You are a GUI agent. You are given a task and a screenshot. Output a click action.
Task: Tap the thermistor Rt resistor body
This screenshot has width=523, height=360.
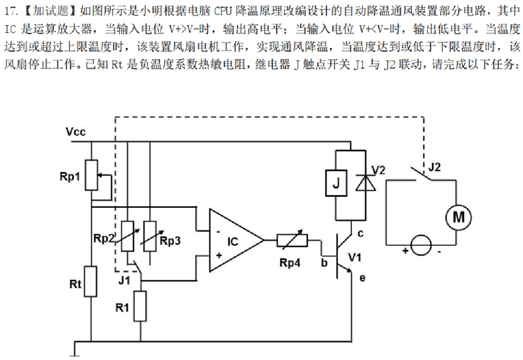[91, 281]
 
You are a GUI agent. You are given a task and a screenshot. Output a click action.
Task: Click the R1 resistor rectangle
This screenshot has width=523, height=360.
[140, 306]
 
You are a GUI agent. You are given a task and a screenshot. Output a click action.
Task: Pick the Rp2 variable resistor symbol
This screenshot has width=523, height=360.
[128, 236]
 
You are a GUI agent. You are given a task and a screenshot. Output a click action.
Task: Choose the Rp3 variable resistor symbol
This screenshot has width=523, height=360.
[150, 236]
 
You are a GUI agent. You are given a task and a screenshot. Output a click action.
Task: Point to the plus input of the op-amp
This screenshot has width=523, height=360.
[218, 256]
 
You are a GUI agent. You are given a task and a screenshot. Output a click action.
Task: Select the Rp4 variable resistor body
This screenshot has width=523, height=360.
[292, 240]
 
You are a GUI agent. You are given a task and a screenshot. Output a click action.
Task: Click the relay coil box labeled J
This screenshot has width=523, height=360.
[336, 183]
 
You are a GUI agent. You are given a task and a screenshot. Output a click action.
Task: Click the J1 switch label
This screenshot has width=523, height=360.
[125, 281]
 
